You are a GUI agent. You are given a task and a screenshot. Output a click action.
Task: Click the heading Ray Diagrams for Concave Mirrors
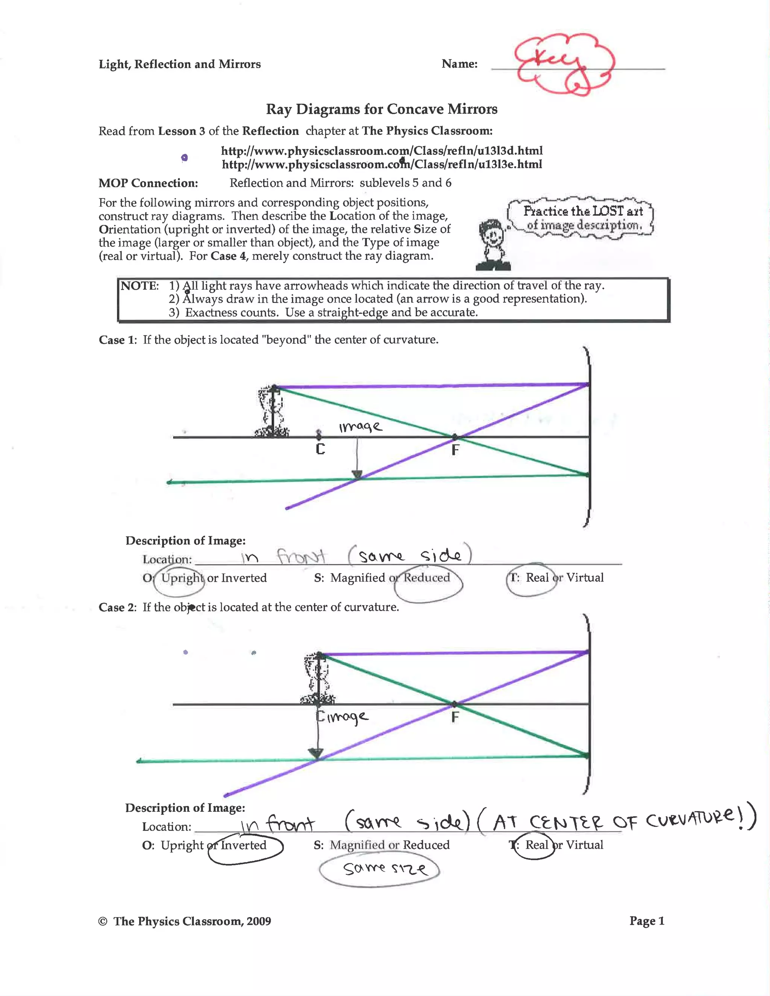[381, 109]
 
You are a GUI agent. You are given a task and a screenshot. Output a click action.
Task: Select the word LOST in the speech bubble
[608, 211]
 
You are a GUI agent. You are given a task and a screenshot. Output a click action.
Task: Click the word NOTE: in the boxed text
[139, 286]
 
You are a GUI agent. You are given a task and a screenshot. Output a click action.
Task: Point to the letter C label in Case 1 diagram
[320, 450]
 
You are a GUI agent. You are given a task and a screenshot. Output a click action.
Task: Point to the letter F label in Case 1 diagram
[455, 451]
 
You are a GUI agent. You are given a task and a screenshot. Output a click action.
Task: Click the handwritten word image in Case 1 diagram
[360, 427]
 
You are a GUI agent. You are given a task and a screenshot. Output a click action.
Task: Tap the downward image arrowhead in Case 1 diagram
[357, 474]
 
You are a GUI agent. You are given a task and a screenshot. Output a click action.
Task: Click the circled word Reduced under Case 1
[426, 578]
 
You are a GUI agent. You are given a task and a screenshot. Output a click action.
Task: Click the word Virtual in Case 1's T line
[584, 578]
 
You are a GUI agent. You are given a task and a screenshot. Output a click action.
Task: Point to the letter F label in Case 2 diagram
[455, 718]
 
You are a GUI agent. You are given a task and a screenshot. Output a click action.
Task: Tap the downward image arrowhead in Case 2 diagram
[316, 753]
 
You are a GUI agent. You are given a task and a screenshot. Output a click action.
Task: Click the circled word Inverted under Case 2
[244, 845]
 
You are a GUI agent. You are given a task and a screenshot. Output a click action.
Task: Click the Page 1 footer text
[646, 921]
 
